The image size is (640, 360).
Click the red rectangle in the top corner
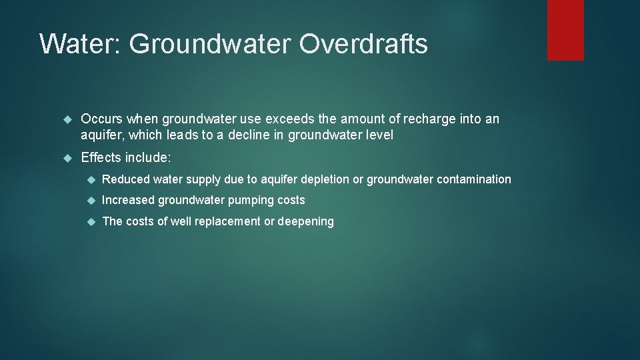click(x=565, y=30)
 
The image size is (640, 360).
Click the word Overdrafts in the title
click(x=363, y=44)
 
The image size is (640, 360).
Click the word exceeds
click(x=289, y=119)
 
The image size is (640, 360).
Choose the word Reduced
click(x=125, y=179)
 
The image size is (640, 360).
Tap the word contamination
click(x=474, y=179)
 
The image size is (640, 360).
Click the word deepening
click(x=305, y=221)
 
